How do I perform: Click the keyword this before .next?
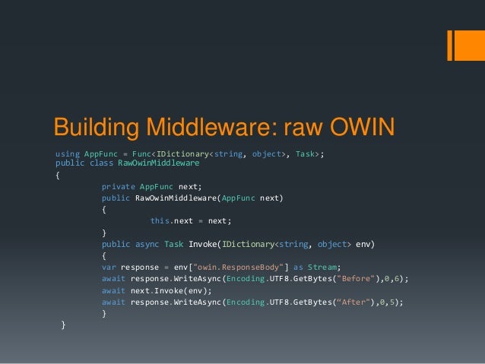click(160, 221)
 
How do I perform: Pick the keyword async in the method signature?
click(147, 244)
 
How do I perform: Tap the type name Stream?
click(323, 267)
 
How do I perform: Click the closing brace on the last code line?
click(63, 324)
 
